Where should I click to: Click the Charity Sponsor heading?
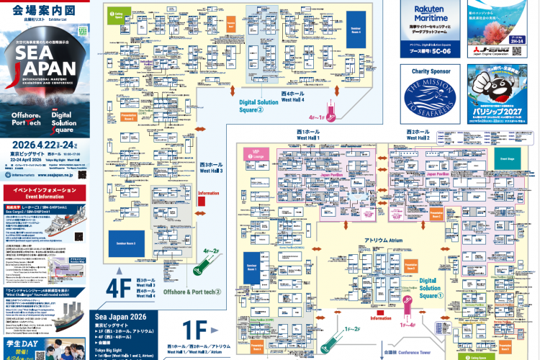(x=431, y=72)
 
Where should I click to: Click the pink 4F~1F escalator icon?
(x=331, y=112)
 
